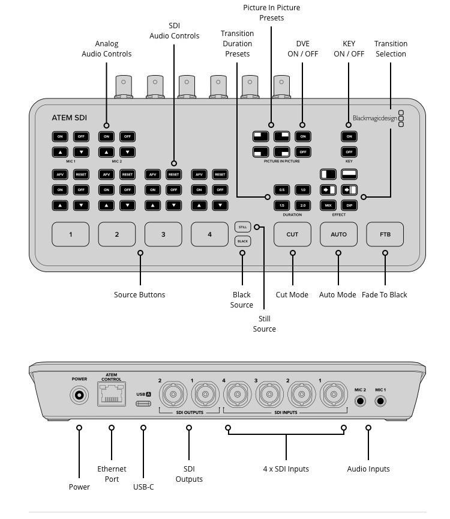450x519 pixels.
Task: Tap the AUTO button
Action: (x=338, y=234)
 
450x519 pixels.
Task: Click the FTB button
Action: (x=385, y=234)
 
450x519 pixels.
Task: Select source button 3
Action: (x=163, y=234)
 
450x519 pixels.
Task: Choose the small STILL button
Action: (x=242, y=227)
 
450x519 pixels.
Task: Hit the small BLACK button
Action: (x=242, y=241)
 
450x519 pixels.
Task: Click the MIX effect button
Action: (x=328, y=205)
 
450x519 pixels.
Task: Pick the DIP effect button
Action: (x=349, y=205)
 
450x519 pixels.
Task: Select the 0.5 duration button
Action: (x=281, y=190)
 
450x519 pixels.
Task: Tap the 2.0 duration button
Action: (x=303, y=205)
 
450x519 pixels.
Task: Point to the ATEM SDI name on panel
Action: (x=69, y=118)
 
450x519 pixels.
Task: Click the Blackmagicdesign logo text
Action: (x=374, y=118)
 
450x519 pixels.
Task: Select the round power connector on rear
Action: (x=79, y=395)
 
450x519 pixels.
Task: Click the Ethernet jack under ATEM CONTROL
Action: (x=112, y=395)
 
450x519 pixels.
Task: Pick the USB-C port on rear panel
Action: (x=143, y=403)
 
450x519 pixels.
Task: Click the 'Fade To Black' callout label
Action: (x=384, y=294)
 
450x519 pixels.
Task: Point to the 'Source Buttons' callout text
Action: (x=139, y=294)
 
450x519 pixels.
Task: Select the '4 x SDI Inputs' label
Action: (x=286, y=469)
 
